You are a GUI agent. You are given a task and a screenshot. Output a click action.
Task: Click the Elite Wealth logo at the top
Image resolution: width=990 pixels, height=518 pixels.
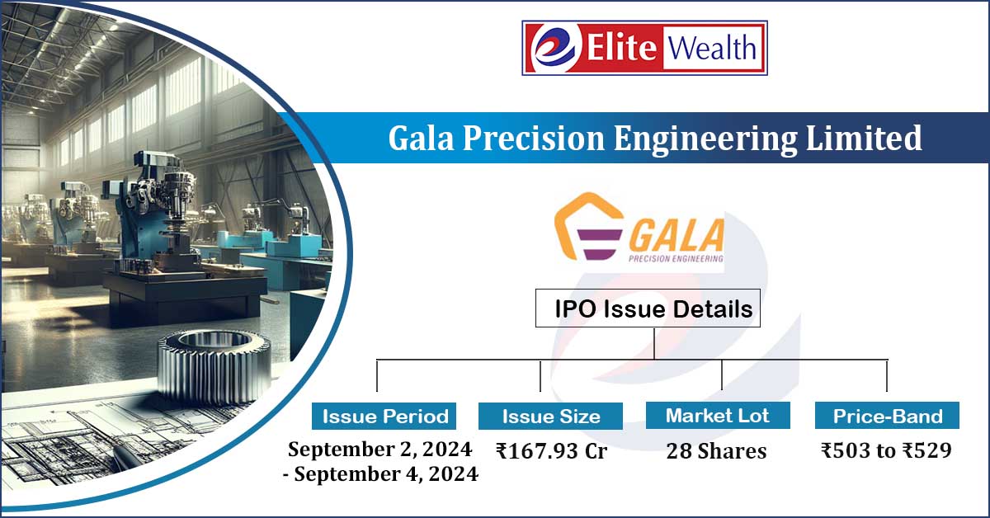coord(644,48)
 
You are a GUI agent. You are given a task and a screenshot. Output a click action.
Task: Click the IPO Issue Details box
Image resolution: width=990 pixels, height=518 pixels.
coord(648,309)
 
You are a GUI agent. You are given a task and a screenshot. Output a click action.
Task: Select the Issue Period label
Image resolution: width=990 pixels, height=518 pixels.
coord(385,416)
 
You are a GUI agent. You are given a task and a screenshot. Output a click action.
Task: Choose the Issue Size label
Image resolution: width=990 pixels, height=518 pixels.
coord(551,416)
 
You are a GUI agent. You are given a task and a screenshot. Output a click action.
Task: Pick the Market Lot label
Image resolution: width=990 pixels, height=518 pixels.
coord(717,415)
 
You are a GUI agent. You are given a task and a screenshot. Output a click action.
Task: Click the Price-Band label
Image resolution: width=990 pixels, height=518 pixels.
coord(887,416)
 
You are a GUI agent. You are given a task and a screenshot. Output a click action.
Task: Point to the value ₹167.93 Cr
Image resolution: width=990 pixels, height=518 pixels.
coord(551,451)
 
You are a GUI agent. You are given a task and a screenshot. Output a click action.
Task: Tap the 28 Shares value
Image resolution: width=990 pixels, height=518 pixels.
coord(717,451)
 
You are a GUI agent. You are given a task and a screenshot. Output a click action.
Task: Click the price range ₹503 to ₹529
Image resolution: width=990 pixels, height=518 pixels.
coord(886,451)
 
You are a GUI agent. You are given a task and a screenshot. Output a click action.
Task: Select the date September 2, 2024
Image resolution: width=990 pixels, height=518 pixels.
coord(379,450)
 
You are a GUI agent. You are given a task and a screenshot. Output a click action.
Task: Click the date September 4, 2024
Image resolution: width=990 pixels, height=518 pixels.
coord(388,474)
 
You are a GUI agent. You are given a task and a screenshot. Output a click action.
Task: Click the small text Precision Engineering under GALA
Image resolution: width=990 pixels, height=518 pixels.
coord(676,257)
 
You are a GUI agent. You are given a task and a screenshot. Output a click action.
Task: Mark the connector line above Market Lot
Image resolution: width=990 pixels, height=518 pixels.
coord(721,374)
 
